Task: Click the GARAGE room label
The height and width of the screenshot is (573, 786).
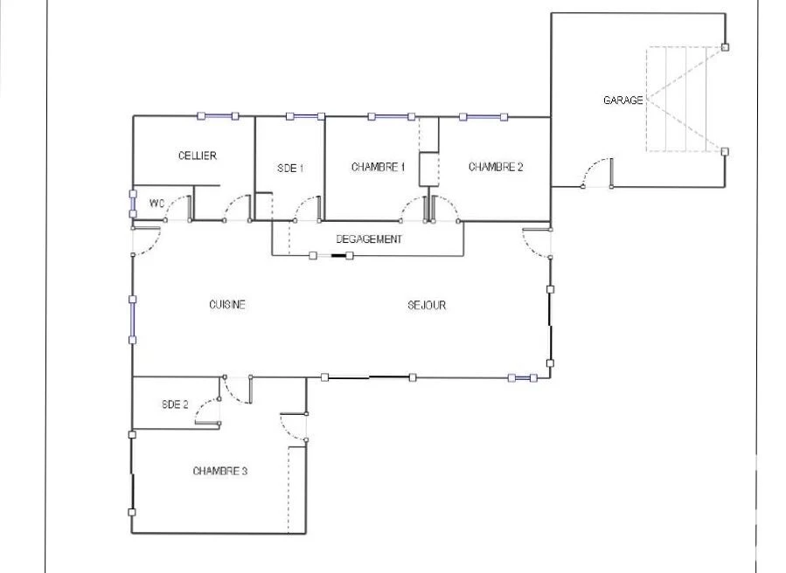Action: (x=623, y=100)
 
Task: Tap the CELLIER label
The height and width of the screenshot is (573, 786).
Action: (x=198, y=155)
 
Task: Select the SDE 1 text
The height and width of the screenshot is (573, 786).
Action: (x=290, y=169)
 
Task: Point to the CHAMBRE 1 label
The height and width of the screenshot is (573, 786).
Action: (x=378, y=167)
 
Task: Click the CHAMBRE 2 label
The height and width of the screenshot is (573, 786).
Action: (x=496, y=167)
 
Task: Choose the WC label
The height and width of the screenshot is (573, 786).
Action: (x=157, y=204)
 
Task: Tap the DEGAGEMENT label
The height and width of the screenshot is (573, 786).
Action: (x=369, y=239)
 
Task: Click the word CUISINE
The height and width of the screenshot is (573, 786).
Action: (x=227, y=305)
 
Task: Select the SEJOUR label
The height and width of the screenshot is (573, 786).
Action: (x=427, y=305)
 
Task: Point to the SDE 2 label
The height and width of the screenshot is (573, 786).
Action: (x=175, y=404)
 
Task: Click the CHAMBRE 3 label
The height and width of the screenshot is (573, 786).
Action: (x=220, y=471)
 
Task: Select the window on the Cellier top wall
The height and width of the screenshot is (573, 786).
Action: (x=218, y=116)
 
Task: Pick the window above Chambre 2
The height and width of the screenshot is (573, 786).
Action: (x=483, y=117)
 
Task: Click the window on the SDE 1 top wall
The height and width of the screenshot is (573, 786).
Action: (x=305, y=116)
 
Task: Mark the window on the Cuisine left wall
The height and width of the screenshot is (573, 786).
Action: (x=133, y=320)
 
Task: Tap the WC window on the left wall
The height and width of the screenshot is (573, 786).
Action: (x=133, y=204)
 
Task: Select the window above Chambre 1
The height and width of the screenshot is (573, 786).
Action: (x=392, y=117)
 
